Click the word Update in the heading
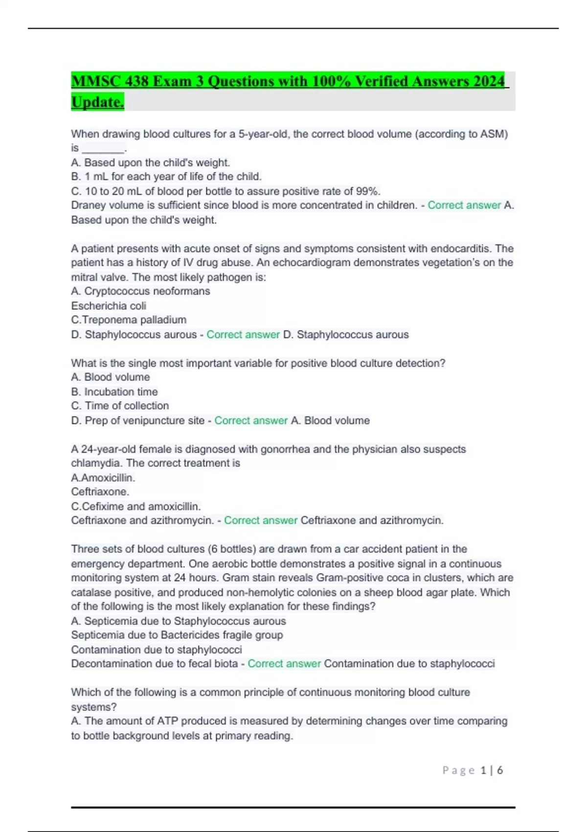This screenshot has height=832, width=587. pos(97,102)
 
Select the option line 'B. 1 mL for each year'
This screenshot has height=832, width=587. pos(166,176)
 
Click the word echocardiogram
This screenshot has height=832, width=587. pos(311,262)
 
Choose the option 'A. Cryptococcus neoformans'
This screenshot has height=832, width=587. pos(140,291)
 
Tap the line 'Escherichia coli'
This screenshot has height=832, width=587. pos(109,306)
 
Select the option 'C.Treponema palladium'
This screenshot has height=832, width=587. pos(129,320)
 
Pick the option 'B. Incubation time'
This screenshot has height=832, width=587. pos(114,392)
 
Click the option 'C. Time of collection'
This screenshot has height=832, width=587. pos(120,406)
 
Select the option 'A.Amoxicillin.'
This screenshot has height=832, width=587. pos(103,478)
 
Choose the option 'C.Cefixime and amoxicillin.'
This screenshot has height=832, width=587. pos(136,506)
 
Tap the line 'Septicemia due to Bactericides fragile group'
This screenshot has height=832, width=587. pos(177,635)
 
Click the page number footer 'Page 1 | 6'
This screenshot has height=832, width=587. pos(473,770)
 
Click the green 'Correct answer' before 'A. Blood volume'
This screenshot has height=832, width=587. pos(251,420)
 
